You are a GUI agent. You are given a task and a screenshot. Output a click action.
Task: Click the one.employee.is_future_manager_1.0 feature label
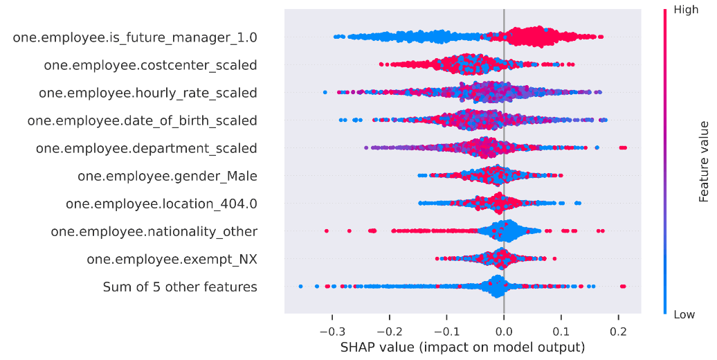[x=135, y=37]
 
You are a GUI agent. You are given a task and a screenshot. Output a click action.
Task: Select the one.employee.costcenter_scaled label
[x=150, y=65]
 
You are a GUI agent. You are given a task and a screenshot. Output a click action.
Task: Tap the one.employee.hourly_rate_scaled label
[x=147, y=93]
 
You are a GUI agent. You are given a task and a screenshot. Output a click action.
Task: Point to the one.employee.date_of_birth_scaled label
[x=142, y=120]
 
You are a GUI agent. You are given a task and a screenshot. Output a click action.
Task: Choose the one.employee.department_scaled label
[x=146, y=148]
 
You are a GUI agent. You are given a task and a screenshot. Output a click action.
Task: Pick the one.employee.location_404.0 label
[x=161, y=204]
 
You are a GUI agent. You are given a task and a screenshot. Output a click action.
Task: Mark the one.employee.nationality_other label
[x=154, y=231]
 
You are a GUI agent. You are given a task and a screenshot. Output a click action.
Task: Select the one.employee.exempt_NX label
[x=172, y=259]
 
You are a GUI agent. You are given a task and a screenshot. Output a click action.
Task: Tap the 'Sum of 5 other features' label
[x=180, y=287]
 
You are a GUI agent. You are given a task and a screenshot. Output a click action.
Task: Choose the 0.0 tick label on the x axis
[x=504, y=330]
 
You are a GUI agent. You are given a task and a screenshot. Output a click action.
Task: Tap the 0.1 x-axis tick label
[x=561, y=330]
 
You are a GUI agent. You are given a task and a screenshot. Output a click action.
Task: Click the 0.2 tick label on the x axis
[x=619, y=330]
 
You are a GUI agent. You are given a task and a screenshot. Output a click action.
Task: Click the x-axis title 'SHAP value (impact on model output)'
[x=462, y=347]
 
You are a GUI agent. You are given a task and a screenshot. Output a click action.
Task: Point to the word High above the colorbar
[x=685, y=10]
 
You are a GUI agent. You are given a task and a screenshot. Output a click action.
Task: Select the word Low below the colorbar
[x=684, y=314]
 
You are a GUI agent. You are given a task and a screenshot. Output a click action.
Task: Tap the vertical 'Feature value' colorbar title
[x=705, y=161]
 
